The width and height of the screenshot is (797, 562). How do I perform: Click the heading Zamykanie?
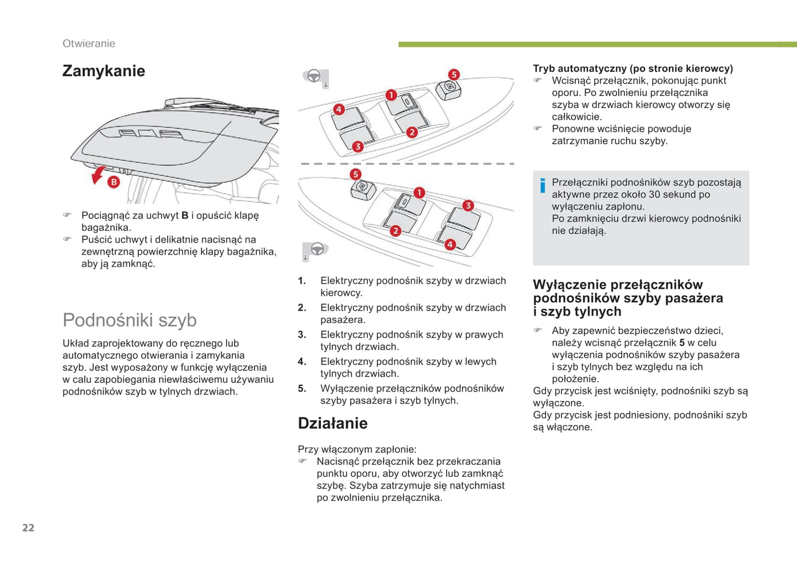coord(104,71)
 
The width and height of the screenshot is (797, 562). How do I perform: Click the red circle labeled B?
coord(113,181)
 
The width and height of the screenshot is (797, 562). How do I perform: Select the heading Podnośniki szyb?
coord(130,320)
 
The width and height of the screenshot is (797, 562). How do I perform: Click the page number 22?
coord(28,528)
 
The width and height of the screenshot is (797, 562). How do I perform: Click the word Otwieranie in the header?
coord(89,44)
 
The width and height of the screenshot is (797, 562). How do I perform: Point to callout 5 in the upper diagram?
coord(453,74)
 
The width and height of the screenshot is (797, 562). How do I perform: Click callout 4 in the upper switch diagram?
coord(339,109)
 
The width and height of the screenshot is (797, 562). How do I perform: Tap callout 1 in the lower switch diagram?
coord(419,192)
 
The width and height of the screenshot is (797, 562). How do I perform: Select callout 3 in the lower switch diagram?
coord(468,206)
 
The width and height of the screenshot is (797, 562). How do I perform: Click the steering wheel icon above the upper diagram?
coord(314,76)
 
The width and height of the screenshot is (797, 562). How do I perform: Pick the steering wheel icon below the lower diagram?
coord(317,249)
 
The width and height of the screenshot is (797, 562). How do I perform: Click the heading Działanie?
coord(333,424)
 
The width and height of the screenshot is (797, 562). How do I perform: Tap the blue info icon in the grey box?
coord(543,186)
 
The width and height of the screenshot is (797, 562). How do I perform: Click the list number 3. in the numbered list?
coord(302,335)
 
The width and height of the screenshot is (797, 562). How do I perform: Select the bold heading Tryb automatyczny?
coord(633,69)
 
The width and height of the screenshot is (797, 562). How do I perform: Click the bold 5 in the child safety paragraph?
coord(682,343)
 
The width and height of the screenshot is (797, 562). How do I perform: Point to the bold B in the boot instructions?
coord(185,216)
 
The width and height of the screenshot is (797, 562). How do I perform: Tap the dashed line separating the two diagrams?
coord(406,164)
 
